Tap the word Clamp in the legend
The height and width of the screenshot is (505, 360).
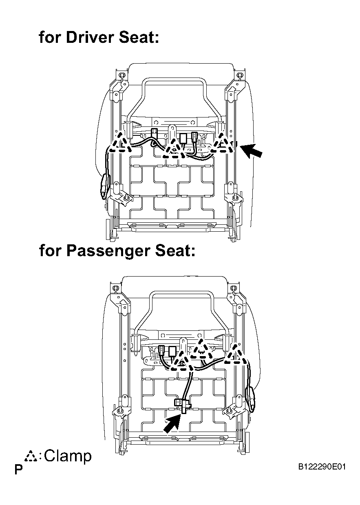[68, 456]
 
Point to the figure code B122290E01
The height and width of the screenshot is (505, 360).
[322, 467]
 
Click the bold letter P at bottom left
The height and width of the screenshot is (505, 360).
[18, 470]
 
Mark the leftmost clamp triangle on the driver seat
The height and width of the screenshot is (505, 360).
[121, 143]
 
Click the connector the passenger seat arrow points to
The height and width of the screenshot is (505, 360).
[182, 404]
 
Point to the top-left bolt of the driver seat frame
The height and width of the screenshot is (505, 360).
[121, 75]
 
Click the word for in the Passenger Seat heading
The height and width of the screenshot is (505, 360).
[50, 250]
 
